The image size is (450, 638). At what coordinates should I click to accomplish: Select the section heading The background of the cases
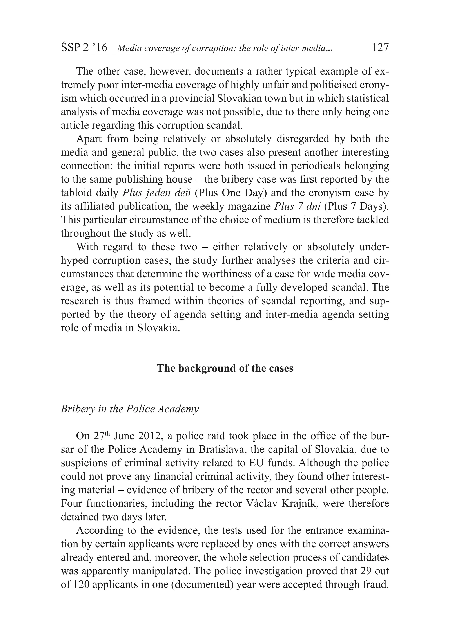pyautogui.click(x=225, y=368)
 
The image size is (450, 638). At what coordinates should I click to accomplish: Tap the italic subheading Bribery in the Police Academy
pyautogui.click(x=130, y=409)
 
